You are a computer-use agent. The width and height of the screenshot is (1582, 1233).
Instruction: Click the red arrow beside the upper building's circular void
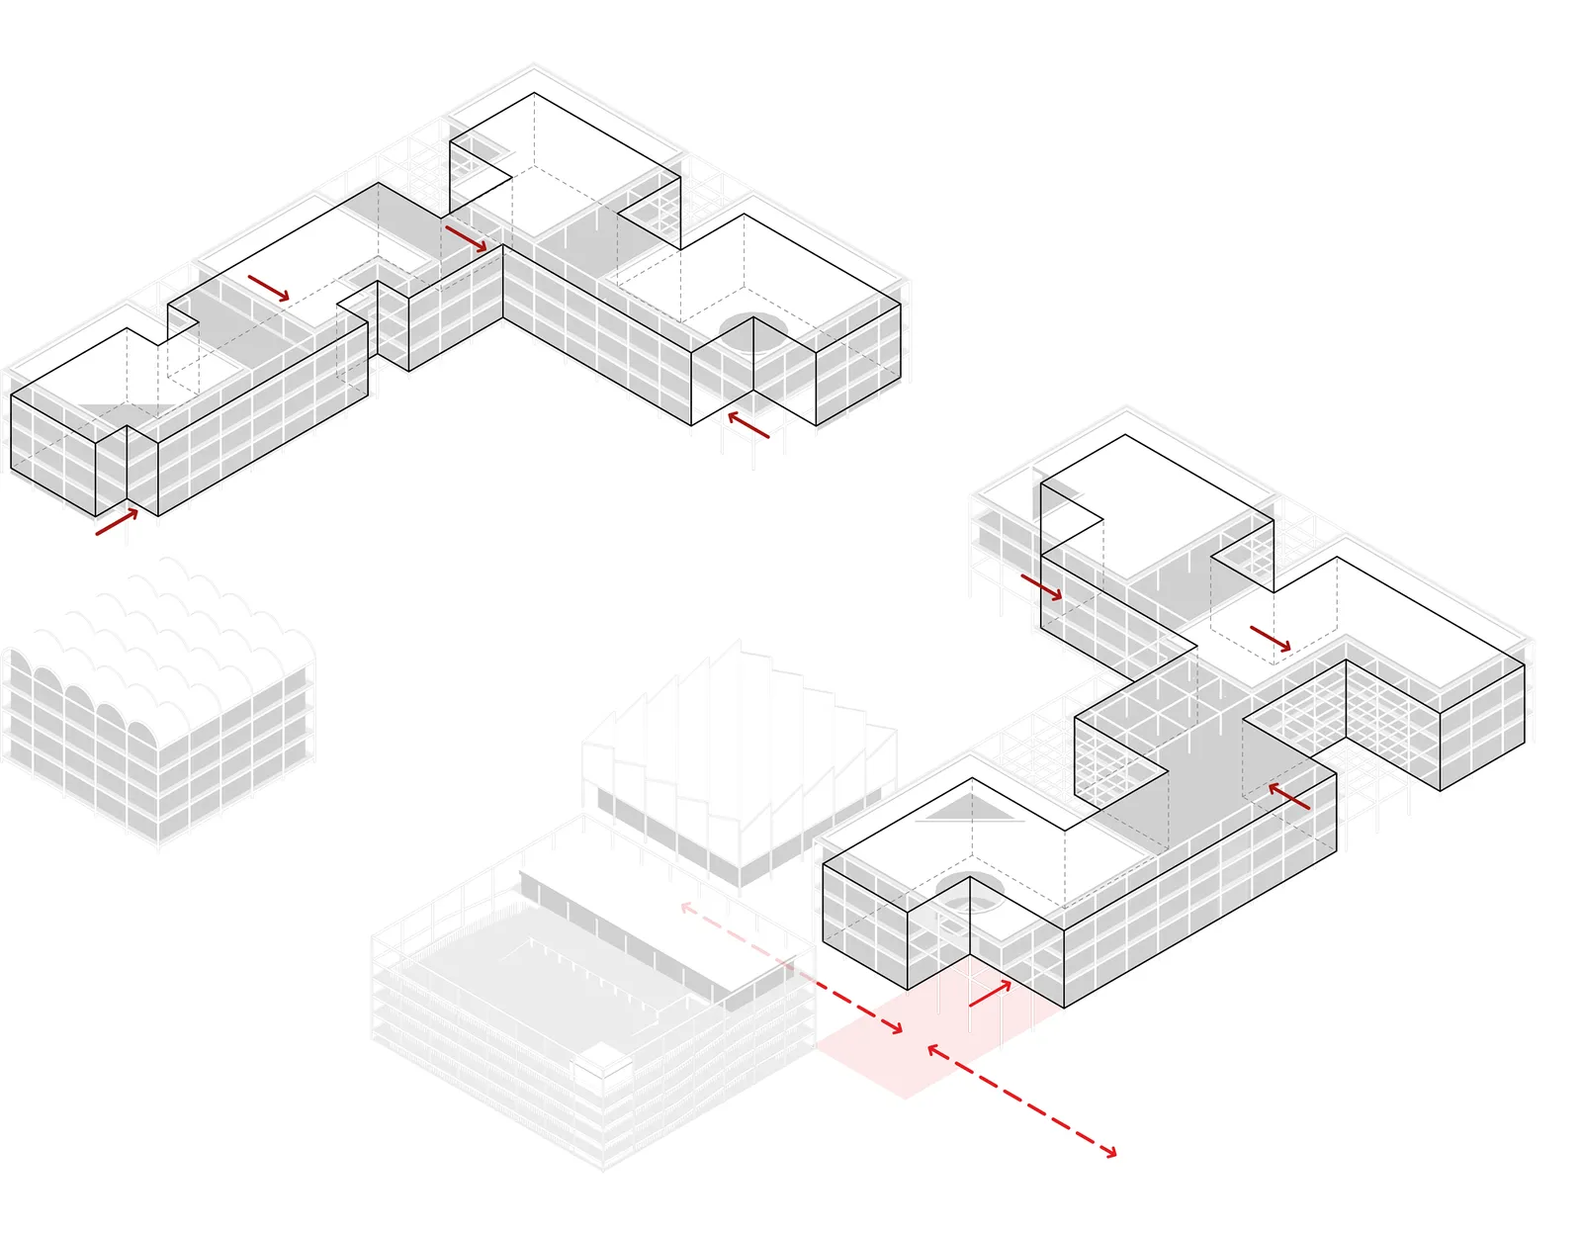pyautogui.click(x=748, y=425)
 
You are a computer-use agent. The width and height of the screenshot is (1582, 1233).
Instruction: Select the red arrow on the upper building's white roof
pyautogui.click(x=268, y=288)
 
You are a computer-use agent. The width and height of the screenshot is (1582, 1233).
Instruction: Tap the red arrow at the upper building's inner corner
pyautogui.click(x=466, y=238)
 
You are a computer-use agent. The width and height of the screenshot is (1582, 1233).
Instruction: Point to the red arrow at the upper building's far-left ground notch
pyautogui.click(x=117, y=521)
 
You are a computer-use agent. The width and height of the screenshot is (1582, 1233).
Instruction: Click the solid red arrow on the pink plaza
pyautogui.click(x=990, y=994)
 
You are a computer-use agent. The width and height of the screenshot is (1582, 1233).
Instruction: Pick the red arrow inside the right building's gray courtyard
pyautogui.click(x=1289, y=796)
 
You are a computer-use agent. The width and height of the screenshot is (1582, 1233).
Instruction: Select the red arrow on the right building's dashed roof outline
pyautogui.click(x=1271, y=639)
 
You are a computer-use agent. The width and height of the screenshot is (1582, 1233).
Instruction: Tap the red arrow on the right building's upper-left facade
pyautogui.click(x=1041, y=587)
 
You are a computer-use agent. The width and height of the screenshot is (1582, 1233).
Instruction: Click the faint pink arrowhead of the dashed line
pyautogui.click(x=684, y=906)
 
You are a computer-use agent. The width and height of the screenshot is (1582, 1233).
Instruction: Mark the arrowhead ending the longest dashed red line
pyautogui.click(x=1112, y=1152)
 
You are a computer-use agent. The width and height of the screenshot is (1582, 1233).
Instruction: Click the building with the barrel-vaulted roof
pyautogui.click(x=158, y=702)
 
